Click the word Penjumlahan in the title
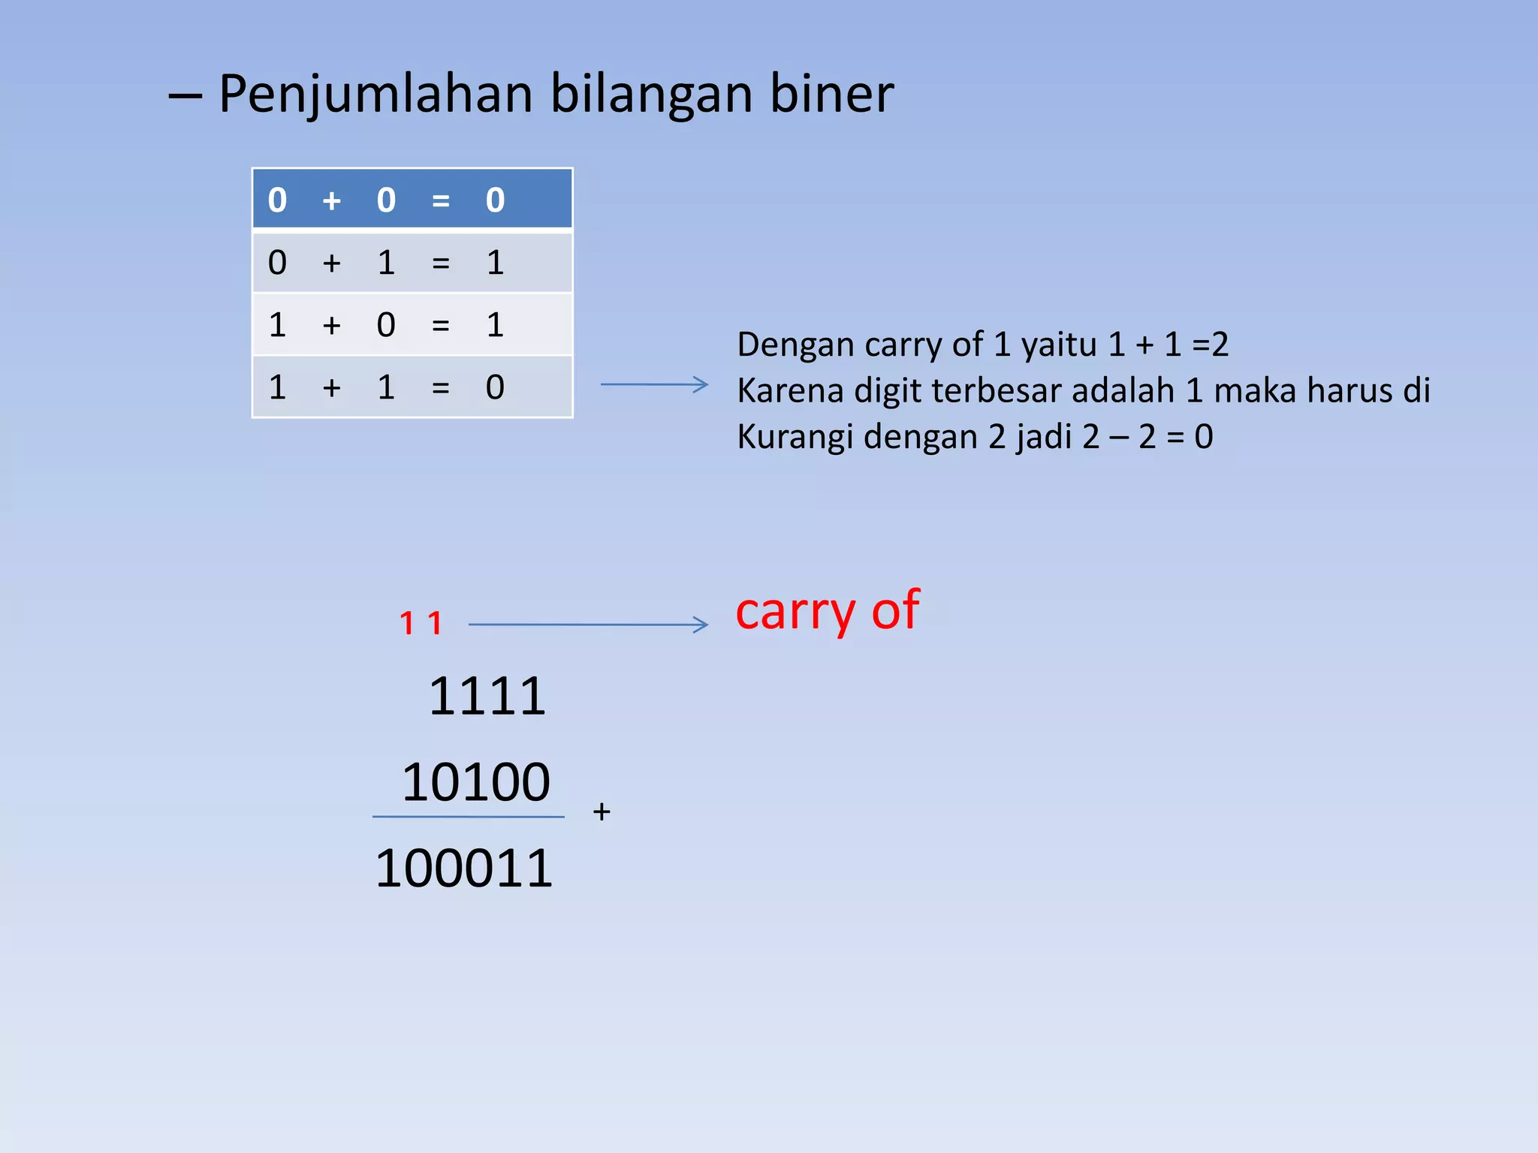pos(375,95)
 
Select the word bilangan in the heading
pos(651,95)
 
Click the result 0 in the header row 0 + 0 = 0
pos(495,200)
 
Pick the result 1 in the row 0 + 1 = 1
pos(495,263)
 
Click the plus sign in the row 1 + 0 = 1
pos(331,326)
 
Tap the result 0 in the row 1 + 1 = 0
pos(495,387)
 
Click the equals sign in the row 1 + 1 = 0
pos(441,388)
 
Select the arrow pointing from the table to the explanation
pos(654,384)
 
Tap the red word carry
pos(795,612)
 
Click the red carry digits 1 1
pos(421,623)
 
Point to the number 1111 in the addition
pos(487,697)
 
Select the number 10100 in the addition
pos(476,782)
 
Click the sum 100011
pos(464,869)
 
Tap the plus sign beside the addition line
pos(602,811)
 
